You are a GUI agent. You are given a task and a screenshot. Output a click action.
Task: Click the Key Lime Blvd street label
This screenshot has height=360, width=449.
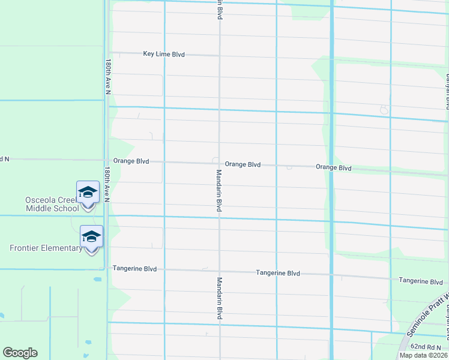point(164,54)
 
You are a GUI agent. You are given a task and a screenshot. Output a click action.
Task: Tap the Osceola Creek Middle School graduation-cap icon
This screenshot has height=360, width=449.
point(88,193)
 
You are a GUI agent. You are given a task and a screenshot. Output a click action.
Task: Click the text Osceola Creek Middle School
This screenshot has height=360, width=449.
point(52,204)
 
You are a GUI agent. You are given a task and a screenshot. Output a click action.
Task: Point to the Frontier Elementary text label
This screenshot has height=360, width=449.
point(46,248)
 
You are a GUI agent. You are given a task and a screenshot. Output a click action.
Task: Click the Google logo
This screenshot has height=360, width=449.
point(20,353)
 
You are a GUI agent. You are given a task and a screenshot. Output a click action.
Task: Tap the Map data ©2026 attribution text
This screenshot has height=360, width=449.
point(424,355)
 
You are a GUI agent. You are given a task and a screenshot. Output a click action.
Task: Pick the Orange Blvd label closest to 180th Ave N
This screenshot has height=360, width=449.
point(131,161)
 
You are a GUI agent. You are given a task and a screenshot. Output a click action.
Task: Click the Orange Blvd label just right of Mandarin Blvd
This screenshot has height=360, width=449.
point(243,164)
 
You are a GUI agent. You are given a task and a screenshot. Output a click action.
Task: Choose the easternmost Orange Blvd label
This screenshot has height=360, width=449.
point(333,168)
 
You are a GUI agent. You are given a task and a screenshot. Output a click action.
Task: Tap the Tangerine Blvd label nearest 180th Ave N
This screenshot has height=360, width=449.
point(134,269)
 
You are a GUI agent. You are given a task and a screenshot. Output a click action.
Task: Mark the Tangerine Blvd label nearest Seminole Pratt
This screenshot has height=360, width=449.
point(421,281)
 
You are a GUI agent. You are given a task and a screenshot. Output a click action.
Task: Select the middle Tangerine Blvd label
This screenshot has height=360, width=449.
point(277,273)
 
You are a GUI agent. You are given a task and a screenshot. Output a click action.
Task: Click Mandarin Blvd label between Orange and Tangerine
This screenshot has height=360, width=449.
point(220,190)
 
